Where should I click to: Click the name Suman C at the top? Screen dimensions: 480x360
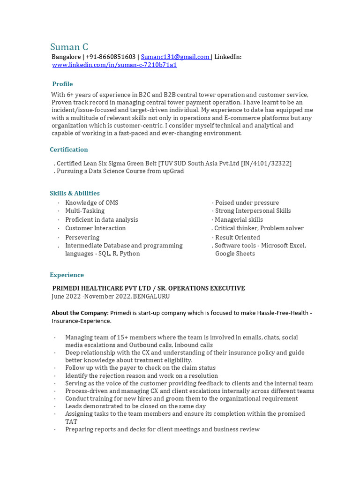[x=69, y=47]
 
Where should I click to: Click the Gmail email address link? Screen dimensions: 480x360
[x=175, y=57]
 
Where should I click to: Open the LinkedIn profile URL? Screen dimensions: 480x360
[x=114, y=65]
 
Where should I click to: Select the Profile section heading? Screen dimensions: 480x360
[x=62, y=84]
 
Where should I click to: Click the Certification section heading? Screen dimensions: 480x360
[x=69, y=150]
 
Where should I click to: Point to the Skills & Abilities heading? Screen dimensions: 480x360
[x=75, y=193]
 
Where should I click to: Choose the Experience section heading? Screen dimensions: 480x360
[x=67, y=275]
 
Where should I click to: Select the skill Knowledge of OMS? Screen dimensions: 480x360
[x=91, y=202]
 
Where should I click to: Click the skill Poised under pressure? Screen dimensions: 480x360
[x=247, y=202]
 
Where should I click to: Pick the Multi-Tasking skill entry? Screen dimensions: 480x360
[x=85, y=211]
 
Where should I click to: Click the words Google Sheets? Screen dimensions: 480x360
[x=235, y=254]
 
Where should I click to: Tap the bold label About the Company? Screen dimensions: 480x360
[x=80, y=313]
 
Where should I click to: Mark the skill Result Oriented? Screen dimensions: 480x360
[x=237, y=237]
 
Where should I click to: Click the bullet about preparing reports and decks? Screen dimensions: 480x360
[x=162, y=429]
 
